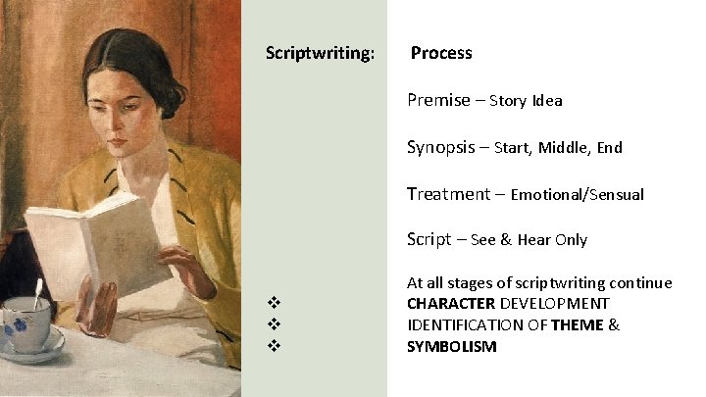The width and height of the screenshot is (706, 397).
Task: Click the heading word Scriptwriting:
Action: point(320,53)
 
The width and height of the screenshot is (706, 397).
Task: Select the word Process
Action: point(441,53)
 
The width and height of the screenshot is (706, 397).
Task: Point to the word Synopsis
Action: point(443,147)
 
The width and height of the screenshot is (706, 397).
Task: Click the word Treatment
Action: point(448,194)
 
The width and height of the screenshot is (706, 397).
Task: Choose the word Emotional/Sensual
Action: point(578,195)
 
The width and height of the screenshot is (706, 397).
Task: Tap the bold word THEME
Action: point(578,325)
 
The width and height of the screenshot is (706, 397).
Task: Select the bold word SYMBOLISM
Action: point(452,347)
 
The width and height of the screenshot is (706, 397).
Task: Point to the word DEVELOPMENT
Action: point(556,304)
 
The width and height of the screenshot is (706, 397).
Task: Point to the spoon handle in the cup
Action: point(38,291)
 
